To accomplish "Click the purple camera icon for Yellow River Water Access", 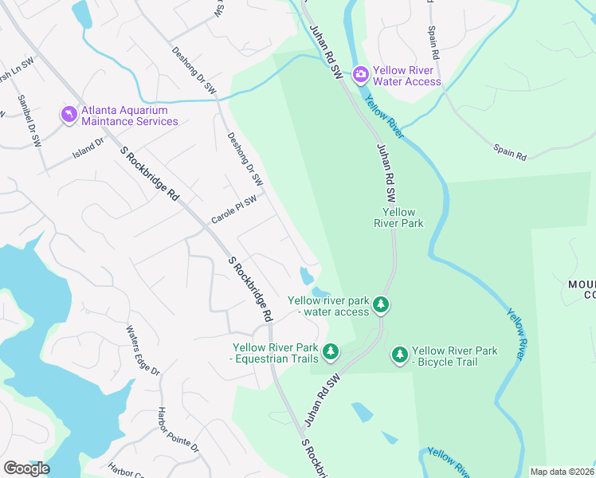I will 360,74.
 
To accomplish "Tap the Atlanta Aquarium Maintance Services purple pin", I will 69,115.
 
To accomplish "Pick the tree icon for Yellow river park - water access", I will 382,304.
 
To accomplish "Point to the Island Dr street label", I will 88,148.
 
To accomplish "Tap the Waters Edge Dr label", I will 143,351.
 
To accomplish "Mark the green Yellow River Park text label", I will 398,217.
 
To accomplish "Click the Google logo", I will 26,468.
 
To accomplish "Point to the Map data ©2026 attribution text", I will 563,472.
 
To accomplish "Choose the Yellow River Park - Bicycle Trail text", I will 455,356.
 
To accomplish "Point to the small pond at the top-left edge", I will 81,14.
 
